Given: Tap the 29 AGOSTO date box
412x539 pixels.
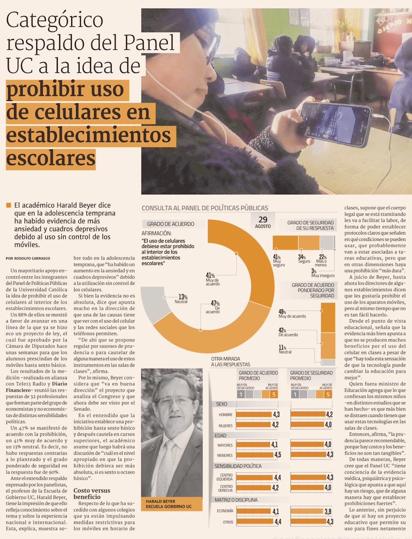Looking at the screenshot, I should tap(263, 222).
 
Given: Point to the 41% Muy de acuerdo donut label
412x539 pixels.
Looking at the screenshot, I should tap(212, 279).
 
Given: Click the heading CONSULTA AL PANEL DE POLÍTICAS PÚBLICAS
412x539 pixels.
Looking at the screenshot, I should tap(205, 208).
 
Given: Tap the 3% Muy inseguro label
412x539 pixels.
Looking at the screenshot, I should tap(323, 273).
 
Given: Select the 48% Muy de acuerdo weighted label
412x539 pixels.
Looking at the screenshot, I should tap(292, 314).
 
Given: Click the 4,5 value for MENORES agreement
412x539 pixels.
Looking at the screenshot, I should tap(278, 455).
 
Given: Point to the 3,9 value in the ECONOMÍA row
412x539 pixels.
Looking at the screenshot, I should tap(328, 511).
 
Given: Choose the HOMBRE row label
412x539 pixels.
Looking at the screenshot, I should tap(225, 415).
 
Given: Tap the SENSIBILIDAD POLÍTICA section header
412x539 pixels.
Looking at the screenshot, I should tap(238, 466).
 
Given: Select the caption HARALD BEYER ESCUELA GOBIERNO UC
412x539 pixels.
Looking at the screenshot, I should tap(169, 504).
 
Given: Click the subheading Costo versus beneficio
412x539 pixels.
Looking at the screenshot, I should tap(92, 493).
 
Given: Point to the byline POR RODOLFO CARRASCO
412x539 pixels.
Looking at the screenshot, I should tap(28, 258).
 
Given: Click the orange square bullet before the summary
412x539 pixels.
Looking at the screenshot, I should tap(9, 205).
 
